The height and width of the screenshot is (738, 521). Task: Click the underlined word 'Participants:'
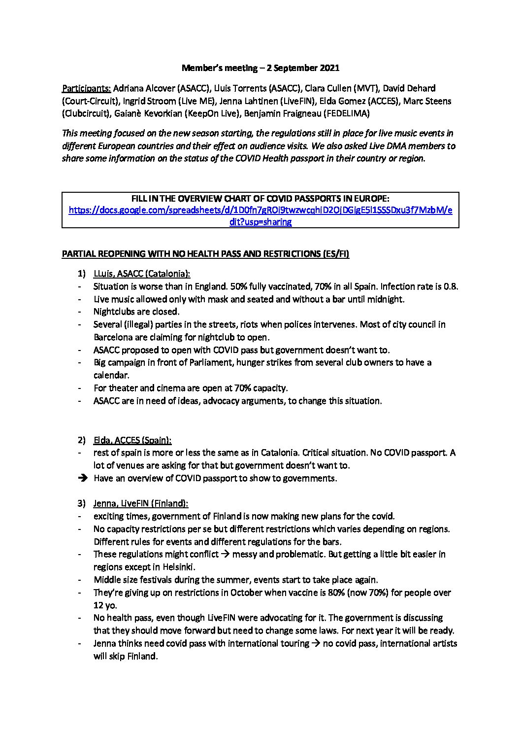(x=87, y=89)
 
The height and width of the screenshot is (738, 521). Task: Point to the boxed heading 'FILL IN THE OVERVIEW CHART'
(x=260, y=198)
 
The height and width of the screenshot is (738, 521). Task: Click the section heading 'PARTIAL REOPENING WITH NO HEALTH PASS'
(x=205, y=254)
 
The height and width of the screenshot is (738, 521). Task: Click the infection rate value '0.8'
(x=450, y=286)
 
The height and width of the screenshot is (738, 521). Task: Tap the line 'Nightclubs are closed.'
(x=136, y=312)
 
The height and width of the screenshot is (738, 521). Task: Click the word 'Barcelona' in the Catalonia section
(x=113, y=337)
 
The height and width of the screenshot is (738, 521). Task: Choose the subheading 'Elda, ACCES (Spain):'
(x=132, y=440)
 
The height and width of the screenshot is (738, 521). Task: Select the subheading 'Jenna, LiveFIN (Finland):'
(x=141, y=503)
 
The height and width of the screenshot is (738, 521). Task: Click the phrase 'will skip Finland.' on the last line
(x=126, y=656)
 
